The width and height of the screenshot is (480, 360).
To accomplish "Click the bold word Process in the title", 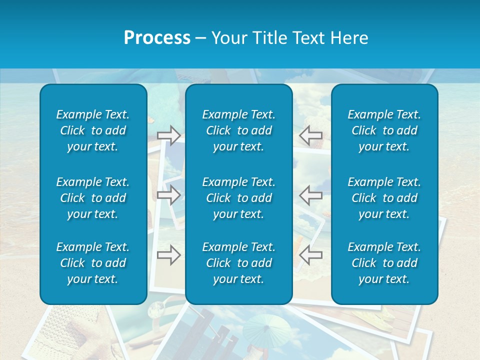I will pos(157,38).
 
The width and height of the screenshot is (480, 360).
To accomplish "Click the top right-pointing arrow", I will pos(169,135).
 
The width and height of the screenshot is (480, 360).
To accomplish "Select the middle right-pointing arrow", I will pos(169,195).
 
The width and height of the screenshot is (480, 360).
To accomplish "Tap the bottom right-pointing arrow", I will pos(169,255).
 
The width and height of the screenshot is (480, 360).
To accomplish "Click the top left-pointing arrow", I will pos(310,135).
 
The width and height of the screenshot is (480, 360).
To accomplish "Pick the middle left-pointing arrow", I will pos(310,195).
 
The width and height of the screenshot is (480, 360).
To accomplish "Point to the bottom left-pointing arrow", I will pos(310,255).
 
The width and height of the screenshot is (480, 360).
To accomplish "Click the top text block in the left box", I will pos(93,130).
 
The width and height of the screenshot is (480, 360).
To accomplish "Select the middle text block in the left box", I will pos(93,198).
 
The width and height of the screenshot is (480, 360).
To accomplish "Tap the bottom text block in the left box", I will pos(93,263).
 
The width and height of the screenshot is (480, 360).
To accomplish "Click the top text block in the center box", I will pos(238,130).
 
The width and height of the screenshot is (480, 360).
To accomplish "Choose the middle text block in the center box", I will pos(238,198).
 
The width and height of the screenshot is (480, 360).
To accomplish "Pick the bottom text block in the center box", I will pos(238,263).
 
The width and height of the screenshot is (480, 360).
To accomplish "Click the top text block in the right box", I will pos(384,130).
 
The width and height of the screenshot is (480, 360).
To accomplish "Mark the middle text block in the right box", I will pos(384,198).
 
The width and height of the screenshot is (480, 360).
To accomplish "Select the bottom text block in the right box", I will pos(384,263).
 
